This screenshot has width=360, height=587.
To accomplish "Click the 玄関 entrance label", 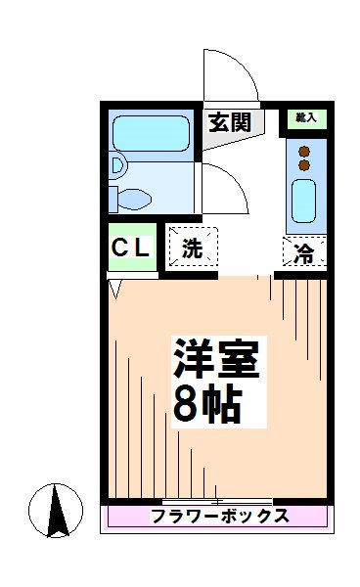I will pos(230,122).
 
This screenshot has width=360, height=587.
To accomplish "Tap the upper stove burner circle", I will pos(303,151).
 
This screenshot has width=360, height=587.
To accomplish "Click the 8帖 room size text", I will pos(206,402).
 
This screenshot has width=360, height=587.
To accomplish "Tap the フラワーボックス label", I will pos(219,517).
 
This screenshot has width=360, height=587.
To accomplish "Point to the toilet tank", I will pos(113,198).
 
